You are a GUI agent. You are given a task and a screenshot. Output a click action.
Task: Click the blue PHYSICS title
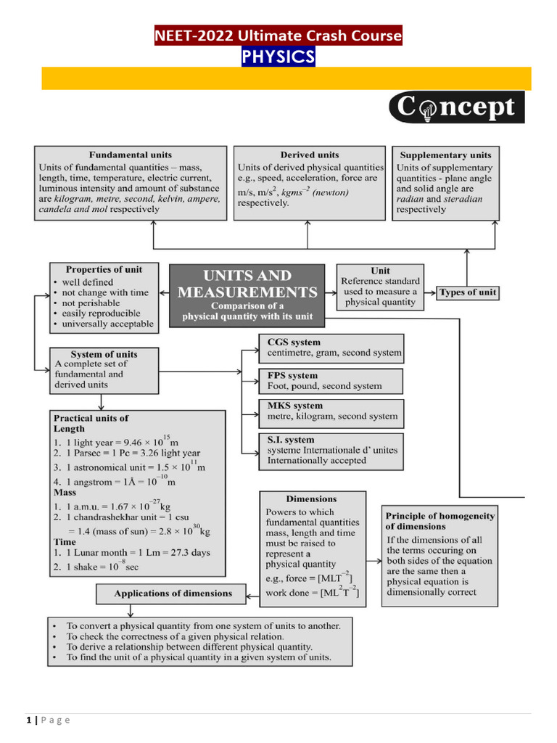pyautogui.click(x=278, y=57)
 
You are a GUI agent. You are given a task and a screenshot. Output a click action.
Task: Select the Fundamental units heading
pyautogui.click(x=131, y=155)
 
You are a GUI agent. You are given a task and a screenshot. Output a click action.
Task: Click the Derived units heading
pyautogui.click(x=310, y=155)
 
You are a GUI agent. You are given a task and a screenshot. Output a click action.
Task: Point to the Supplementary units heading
pyautogui.click(x=445, y=155)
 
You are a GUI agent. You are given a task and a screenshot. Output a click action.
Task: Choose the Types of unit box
pyautogui.click(x=468, y=292)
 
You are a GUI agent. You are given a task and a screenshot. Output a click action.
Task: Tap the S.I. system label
pyautogui.click(x=291, y=440)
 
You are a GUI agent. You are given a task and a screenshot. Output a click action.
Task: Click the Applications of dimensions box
pyautogui.click(x=173, y=594)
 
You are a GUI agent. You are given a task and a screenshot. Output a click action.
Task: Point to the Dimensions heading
pyautogui.click(x=311, y=499)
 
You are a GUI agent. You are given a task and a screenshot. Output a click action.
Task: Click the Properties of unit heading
pyautogui.click(x=104, y=269)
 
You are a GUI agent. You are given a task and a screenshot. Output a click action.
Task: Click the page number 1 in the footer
pyautogui.click(x=28, y=720)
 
